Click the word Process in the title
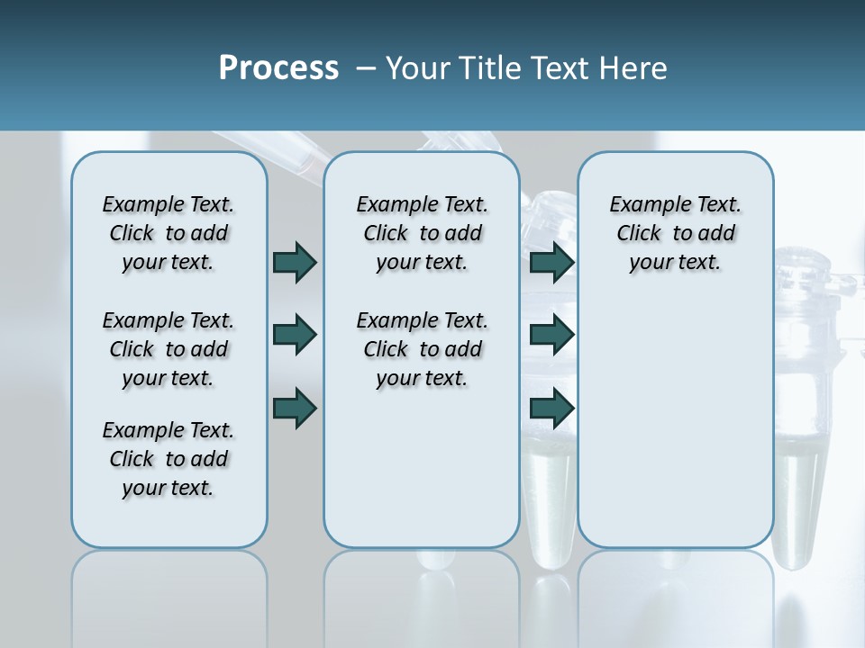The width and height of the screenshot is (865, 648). [x=278, y=68]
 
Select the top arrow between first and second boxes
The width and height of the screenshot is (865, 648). [x=295, y=262]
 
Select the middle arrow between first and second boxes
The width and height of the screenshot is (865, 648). [x=295, y=335]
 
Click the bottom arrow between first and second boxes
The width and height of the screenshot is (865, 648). [x=295, y=408]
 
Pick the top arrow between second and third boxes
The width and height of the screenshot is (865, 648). [x=551, y=262]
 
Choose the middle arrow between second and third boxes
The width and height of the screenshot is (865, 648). [x=551, y=335]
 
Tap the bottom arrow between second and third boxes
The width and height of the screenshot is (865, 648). [x=551, y=408]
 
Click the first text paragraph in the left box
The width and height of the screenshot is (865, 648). [x=168, y=233]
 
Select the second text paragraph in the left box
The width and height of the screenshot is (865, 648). [x=168, y=349]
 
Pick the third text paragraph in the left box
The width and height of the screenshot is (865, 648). [x=168, y=459]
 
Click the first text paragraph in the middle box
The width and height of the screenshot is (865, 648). [x=422, y=233]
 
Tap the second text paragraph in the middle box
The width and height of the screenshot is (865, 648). [x=422, y=349]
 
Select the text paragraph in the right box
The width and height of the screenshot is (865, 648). [x=675, y=233]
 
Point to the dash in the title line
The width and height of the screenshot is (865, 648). [x=366, y=68]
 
